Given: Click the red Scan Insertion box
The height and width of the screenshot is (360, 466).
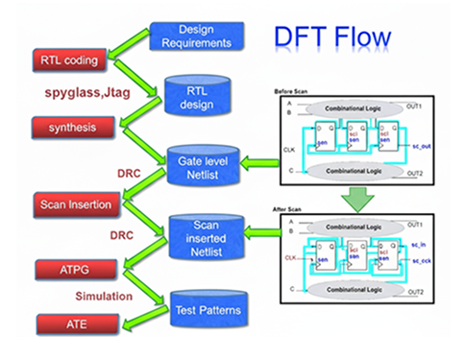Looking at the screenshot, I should click(74, 204).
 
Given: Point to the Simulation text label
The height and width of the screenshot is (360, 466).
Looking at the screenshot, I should click(105, 298).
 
